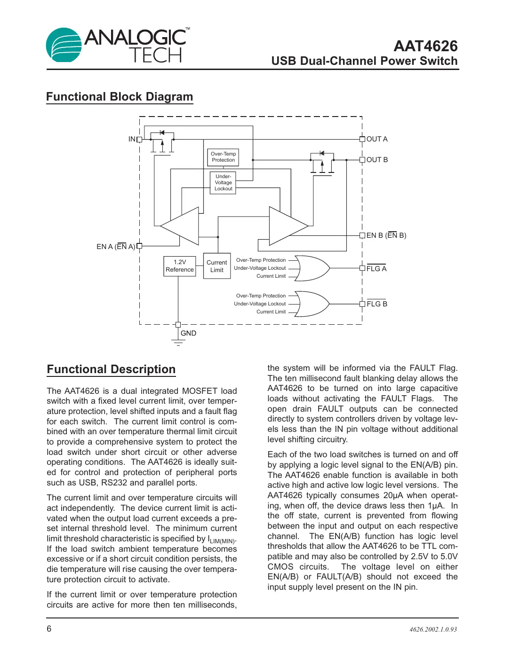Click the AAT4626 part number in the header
[425, 46]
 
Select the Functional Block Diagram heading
[120, 97]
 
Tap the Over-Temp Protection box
[223, 157]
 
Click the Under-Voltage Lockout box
[223, 183]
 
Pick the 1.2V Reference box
[179, 266]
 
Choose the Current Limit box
[217, 266]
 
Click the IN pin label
[132, 139]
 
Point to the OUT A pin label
[377, 139]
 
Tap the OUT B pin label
[377, 160]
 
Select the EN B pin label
[386, 235]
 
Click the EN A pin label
[116, 247]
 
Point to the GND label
[188, 333]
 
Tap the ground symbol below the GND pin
[178, 343]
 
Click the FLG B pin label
[376, 304]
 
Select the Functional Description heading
[111, 369]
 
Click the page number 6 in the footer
[49, 629]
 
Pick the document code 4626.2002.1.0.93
[433, 630]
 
